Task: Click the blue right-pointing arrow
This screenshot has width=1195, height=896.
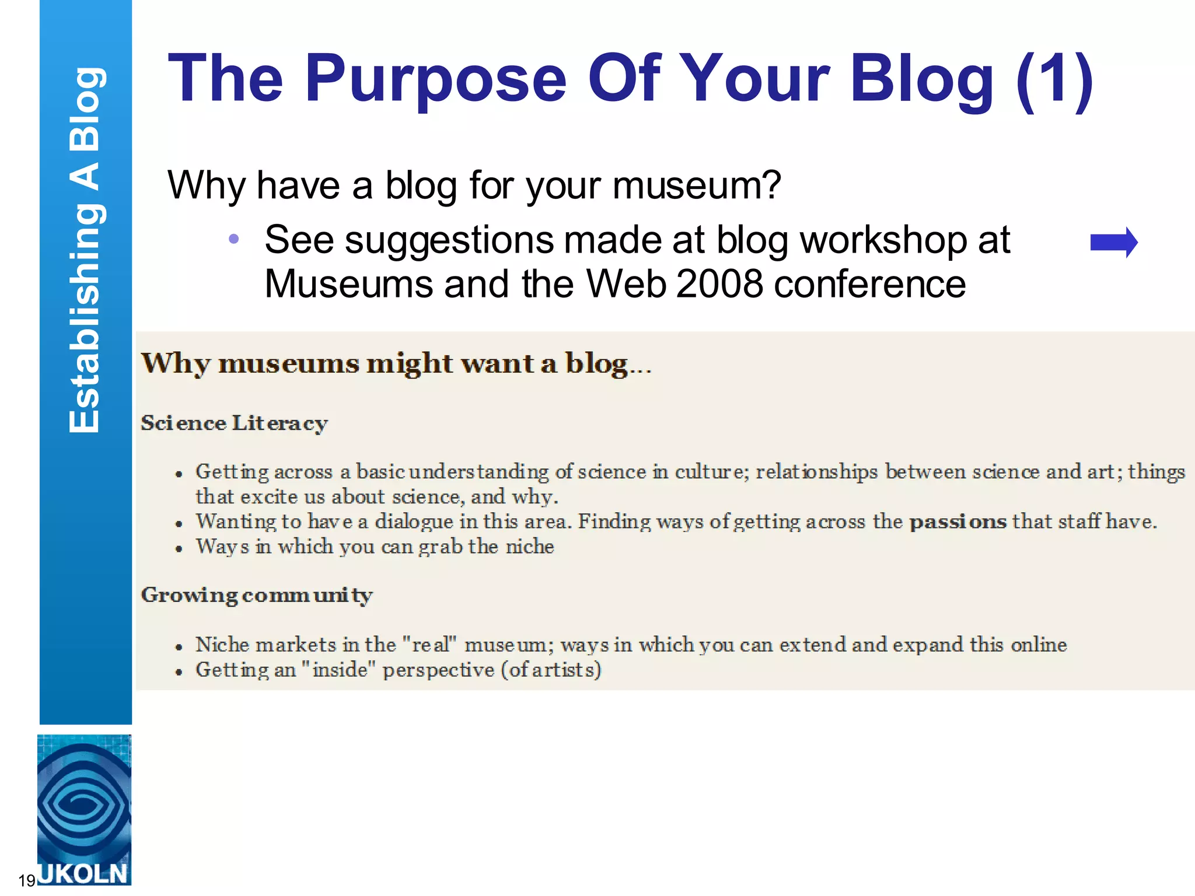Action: click(1113, 243)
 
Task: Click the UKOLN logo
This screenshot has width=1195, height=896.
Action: click(84, 810)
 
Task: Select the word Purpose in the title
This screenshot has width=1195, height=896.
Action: click(435, 79)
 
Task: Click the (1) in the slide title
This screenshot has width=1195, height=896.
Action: click(1054, 79)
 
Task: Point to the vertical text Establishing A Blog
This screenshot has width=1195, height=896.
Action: click(85, 251)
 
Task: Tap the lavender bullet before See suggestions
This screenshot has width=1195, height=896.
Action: click(233, 239)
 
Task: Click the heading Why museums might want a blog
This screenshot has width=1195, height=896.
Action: click(396, 364)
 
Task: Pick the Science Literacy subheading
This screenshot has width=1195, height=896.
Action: click(234, 423)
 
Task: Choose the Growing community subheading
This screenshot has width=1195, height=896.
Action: click(257, 595)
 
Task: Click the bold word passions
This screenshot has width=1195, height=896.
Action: click(958, 521)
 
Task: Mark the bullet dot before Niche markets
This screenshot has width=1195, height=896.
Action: click(179, 647)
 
